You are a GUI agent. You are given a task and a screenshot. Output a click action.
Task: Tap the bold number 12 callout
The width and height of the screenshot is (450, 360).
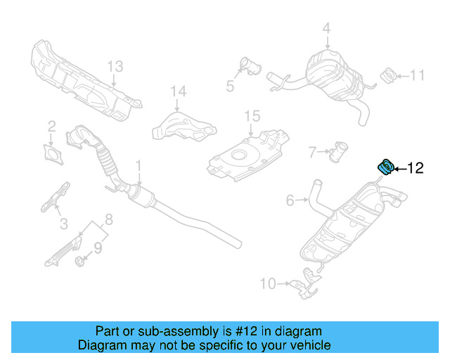click(416, 168)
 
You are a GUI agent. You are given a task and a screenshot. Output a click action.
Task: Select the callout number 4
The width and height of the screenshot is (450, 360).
click(326, 29)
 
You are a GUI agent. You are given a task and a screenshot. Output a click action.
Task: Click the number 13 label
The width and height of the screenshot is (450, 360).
click(115, 66)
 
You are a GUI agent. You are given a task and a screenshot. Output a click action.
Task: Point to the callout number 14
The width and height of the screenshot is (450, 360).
click(179, 91)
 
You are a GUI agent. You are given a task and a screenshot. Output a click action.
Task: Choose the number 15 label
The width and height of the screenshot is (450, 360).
click(252, 116)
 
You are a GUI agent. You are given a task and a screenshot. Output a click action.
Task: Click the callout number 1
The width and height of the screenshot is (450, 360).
click(139, 166)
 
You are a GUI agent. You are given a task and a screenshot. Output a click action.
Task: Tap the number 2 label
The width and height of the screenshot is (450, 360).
click(51, 127)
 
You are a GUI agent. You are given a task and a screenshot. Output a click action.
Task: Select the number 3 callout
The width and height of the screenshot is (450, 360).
click(63, 224)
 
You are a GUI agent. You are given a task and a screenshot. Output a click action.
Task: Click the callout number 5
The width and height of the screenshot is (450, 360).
click(230, 86)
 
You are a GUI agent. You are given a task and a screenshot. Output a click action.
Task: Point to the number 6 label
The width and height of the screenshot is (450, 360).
click(290, 201)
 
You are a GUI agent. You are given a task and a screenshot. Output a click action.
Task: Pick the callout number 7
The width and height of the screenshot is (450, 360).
click(312, 150)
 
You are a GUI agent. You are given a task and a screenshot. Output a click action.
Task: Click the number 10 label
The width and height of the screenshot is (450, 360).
click(268, 284)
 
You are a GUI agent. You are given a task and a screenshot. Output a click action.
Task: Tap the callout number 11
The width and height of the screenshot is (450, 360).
click(418, 75)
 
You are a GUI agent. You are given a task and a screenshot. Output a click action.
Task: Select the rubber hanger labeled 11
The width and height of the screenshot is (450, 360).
click(387, 75)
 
